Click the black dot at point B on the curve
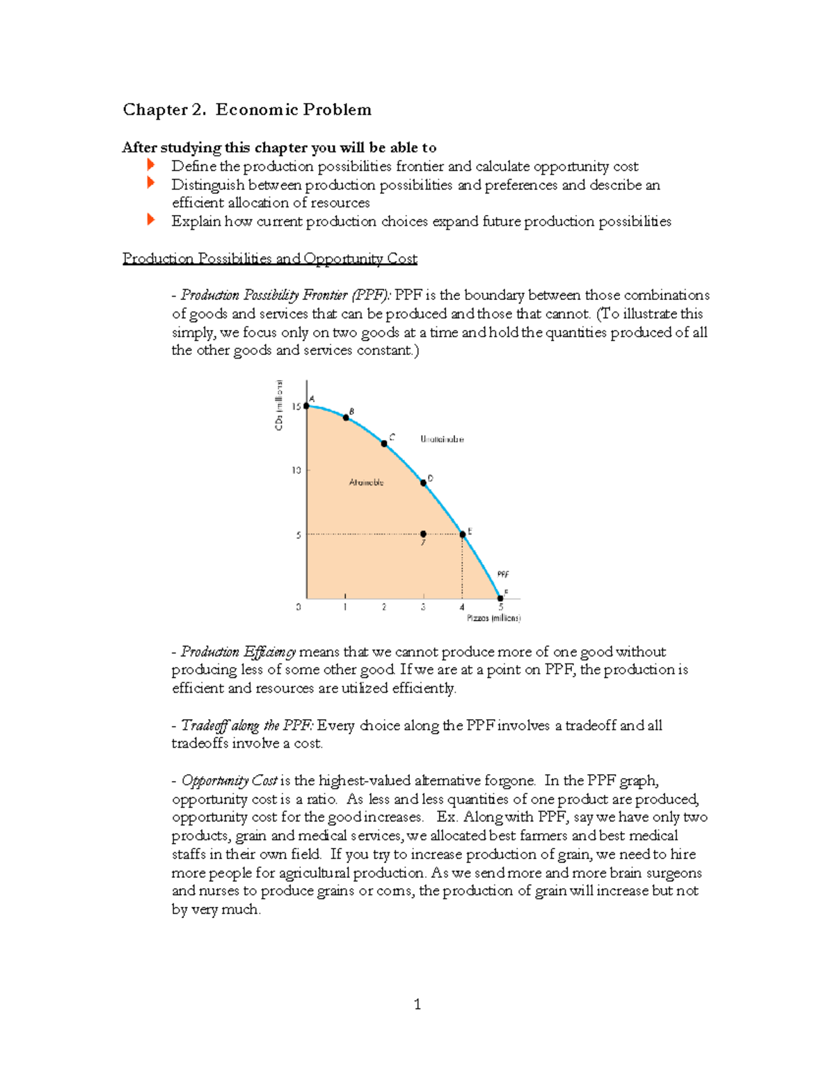(x=346, y=418)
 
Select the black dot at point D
(x=423, y=483)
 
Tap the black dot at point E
(x=463, y=535)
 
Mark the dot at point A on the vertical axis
(x=306, y=405)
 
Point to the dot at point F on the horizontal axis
(x=500, y=598)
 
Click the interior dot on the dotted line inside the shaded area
(x=423, y=535)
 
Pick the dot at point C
(x=384, y=443)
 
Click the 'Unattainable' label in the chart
(x=442, y=439)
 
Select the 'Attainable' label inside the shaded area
(x=366, y=482)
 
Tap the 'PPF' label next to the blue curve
(x=502, y=574)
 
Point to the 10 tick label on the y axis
(x=296, y=471)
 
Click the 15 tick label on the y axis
(x=296, y=407)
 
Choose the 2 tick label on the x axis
(x=384, y=608)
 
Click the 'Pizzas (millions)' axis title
(x=493, y=618)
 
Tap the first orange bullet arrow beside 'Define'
(x=150, y=165)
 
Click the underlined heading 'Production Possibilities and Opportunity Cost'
(x=270, y=259)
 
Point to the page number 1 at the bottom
(x=417, y=1004)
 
